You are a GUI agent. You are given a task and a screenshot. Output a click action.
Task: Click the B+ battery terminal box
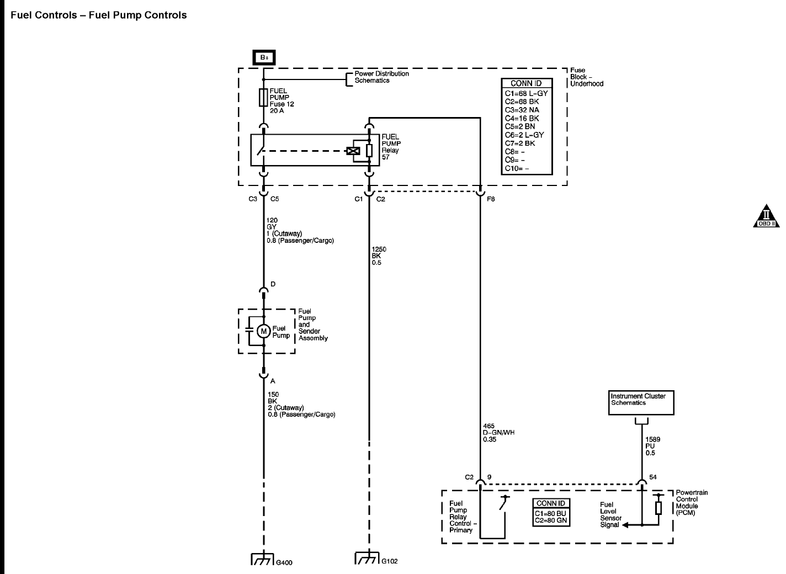[263, 57]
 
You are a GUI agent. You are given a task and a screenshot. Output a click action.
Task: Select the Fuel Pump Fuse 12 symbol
[263, 98]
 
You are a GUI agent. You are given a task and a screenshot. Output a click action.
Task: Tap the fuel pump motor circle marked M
[263, 331]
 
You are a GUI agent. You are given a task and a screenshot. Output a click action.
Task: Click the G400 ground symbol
[263, 559]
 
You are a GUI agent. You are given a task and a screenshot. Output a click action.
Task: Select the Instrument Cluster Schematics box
[641, 402]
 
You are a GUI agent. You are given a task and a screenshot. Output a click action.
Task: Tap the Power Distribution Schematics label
[381, 77]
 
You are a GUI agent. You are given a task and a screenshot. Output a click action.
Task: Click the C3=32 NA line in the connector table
[522, 110]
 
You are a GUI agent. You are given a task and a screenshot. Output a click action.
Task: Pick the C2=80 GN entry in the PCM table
[550, 520]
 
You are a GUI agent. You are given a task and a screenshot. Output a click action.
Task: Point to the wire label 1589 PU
[653, 446]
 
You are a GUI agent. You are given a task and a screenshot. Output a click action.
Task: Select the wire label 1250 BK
[379, 256]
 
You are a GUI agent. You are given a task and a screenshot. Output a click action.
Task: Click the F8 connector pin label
[491, 199]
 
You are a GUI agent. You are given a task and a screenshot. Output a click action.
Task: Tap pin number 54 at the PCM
[653, 477]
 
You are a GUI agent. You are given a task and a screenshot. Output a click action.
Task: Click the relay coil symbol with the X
[352, 151]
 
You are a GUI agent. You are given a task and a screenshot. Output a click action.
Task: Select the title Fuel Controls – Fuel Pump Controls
[99, 15]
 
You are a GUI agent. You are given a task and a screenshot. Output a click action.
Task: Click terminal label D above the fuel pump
[273, 284]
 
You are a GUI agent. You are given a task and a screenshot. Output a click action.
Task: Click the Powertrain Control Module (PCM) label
[691, 502]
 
